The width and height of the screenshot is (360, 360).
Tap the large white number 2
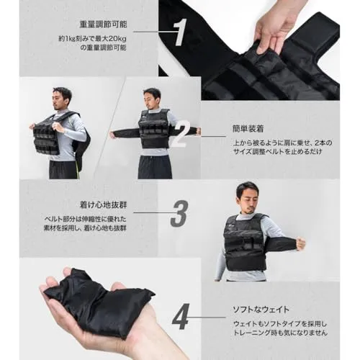pos(181,134)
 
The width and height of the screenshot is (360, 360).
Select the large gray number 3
pos(179,214)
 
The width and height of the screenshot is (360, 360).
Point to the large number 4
pos(181,316)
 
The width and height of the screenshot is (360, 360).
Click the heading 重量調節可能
pos(103,24)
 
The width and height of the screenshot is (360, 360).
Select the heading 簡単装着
pos(248,129)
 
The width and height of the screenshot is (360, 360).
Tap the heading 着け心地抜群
pos(103,205)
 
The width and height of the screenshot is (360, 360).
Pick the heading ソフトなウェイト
pos(261,310)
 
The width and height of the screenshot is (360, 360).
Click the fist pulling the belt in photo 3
pos(300,243)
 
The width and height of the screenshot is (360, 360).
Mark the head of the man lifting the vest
pos(62,99)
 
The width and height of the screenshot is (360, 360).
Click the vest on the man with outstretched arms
pos(153,129)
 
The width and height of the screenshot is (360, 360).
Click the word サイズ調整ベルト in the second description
pos(259,152)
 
